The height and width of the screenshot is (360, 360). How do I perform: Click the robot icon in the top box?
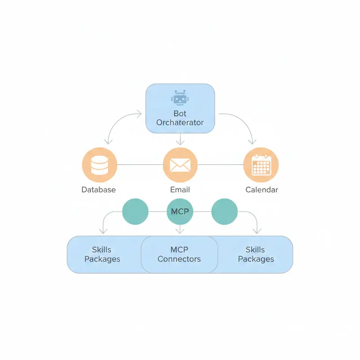point(180,98)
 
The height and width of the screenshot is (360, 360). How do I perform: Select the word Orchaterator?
point(180,122)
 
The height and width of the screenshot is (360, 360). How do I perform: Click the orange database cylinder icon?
point(99,165)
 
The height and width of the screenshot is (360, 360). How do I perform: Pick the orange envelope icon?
point(180,165)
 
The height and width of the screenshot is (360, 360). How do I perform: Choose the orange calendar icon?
point(261,165)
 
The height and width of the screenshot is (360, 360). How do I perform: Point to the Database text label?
point(99,189)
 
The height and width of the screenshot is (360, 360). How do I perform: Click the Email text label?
point(180,189)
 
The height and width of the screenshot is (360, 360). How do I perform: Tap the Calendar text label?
point(261,189)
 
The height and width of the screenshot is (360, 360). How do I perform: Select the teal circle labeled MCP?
point(180,211)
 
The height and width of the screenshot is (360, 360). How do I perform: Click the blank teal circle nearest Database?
point(135,211)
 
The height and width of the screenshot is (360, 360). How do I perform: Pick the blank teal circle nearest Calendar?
point(224,211)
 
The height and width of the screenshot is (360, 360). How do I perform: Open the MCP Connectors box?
point(180,254)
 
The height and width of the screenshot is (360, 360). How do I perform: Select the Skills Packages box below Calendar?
point(256,254)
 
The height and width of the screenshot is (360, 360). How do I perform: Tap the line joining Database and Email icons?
point(139,165)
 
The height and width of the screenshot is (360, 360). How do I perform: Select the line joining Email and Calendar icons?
point(220,165)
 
